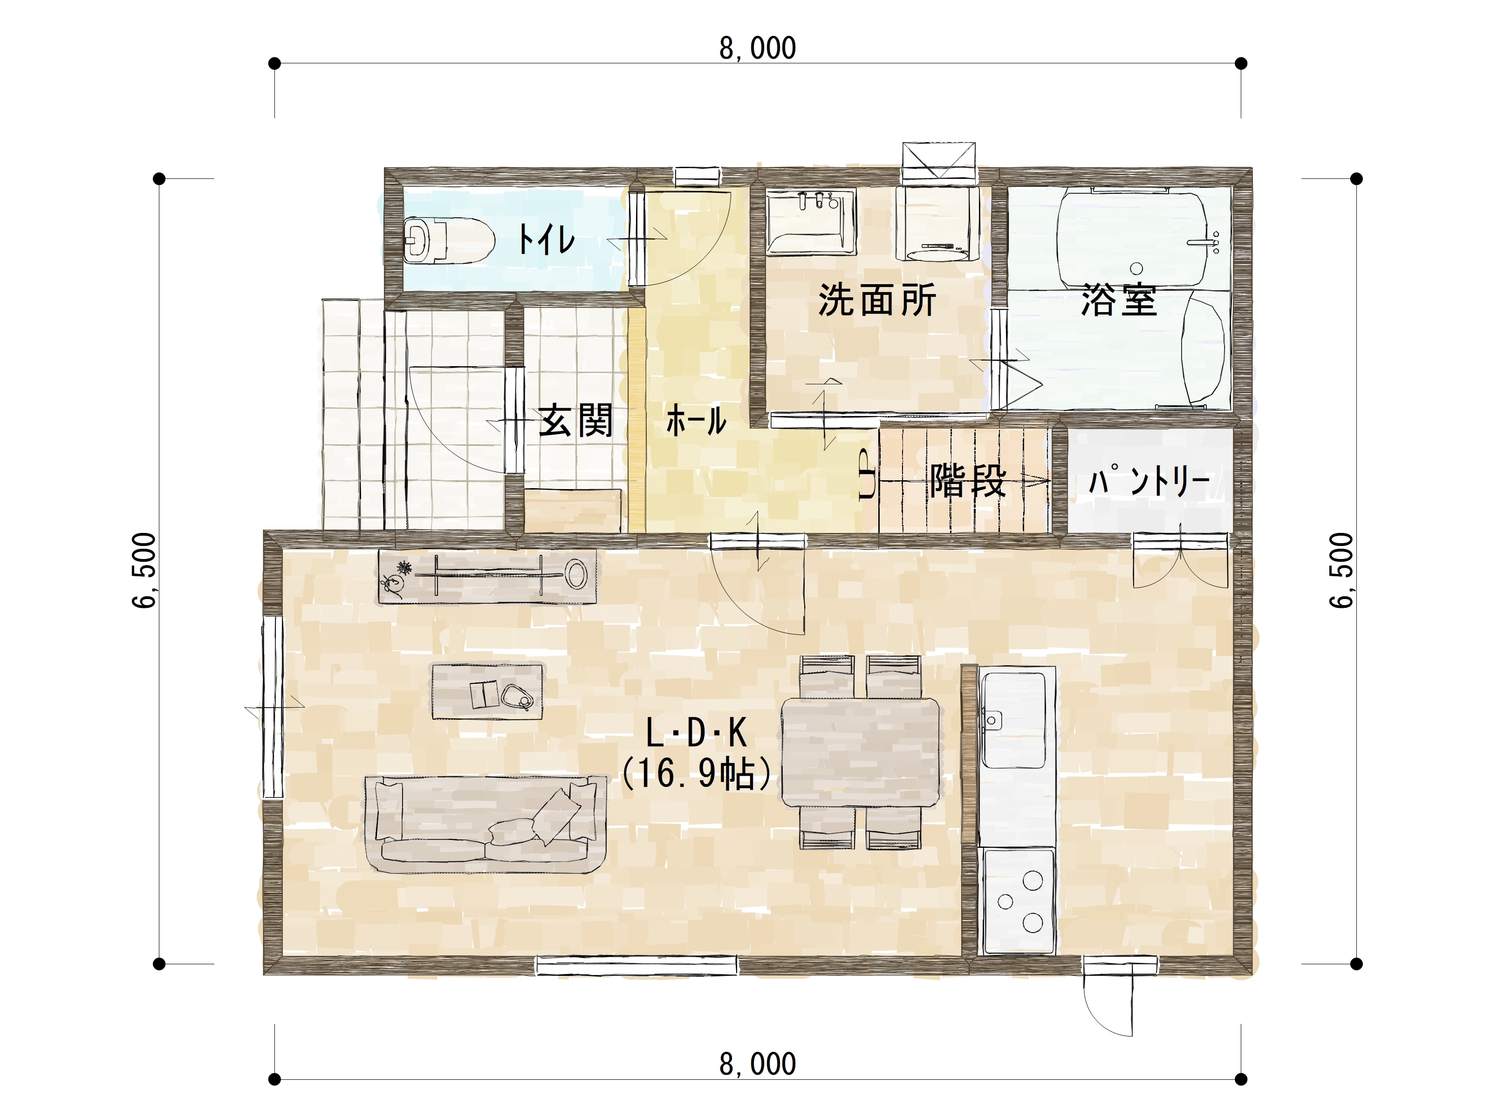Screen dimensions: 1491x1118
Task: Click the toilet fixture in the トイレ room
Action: click(x=448, y=240)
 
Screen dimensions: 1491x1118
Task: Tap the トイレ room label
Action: click(x=546, y=239)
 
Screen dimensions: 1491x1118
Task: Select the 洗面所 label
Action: click(x=877, y=300)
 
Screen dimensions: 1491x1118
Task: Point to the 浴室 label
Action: click(x=1119, y=300)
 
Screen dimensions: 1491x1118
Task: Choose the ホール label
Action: click(x=696, y=421)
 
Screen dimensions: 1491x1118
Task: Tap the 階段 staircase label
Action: click(x=968, y=481)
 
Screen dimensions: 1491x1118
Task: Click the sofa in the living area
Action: click(x=486, y=824)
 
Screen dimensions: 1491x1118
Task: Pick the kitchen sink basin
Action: click(x=1013, y=720)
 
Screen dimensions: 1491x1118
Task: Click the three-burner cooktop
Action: click(x=1019, y=901)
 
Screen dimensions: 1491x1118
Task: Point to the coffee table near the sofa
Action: click(x=486, y=691)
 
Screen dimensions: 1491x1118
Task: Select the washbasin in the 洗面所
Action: click(x=811, y=222)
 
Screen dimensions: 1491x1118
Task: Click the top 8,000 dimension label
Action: click(x=758, y=48)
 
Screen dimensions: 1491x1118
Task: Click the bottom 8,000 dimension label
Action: click(x=758, y=1064)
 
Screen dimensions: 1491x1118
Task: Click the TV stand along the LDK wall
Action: click(x=486, y=576)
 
